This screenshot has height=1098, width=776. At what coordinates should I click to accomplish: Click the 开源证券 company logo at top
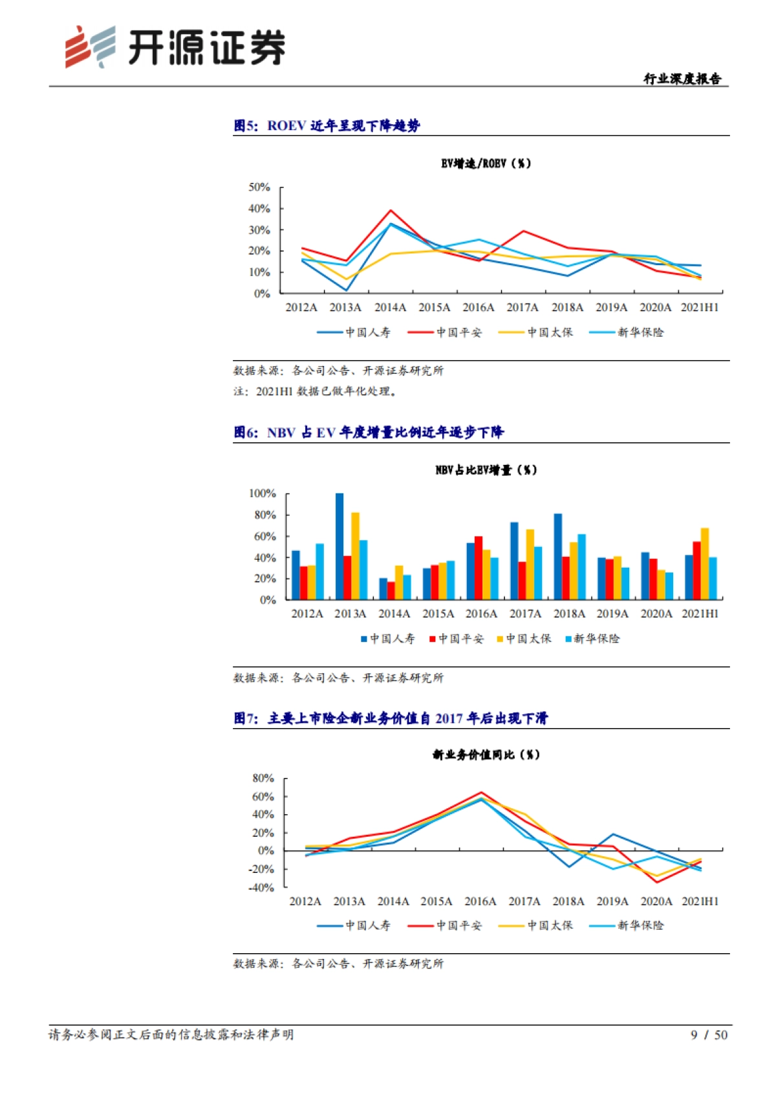coord(175,47)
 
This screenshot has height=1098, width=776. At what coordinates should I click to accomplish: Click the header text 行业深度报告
coord(682,79)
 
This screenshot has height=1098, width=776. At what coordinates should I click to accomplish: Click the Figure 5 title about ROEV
coord(327,125)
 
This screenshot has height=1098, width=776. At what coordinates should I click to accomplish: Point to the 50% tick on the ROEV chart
coord(259,188)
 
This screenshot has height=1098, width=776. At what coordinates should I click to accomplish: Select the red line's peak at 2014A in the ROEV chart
coord(391,211)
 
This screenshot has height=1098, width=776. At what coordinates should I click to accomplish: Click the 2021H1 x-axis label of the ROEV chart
coord(699,308)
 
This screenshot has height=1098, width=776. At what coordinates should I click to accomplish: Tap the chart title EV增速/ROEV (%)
coord(486,164)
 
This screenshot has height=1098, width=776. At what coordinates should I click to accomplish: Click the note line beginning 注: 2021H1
coord(316,391)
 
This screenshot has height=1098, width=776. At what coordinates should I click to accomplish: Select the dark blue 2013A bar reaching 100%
coord(339,546)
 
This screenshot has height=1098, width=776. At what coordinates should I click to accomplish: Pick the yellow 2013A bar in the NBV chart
coord(355,556)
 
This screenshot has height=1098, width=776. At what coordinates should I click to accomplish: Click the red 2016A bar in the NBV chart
coord(479,568)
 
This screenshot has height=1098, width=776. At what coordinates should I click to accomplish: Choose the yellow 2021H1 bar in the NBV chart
coord(705,564)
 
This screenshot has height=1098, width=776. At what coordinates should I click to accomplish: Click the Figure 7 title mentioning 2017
coord(391,718)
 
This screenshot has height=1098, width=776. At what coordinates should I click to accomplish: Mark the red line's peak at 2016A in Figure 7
coord(481,792)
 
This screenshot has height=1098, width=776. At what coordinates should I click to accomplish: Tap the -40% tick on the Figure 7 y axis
coord(261,888)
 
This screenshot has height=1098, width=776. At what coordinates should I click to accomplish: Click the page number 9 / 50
coord(709,1035)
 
